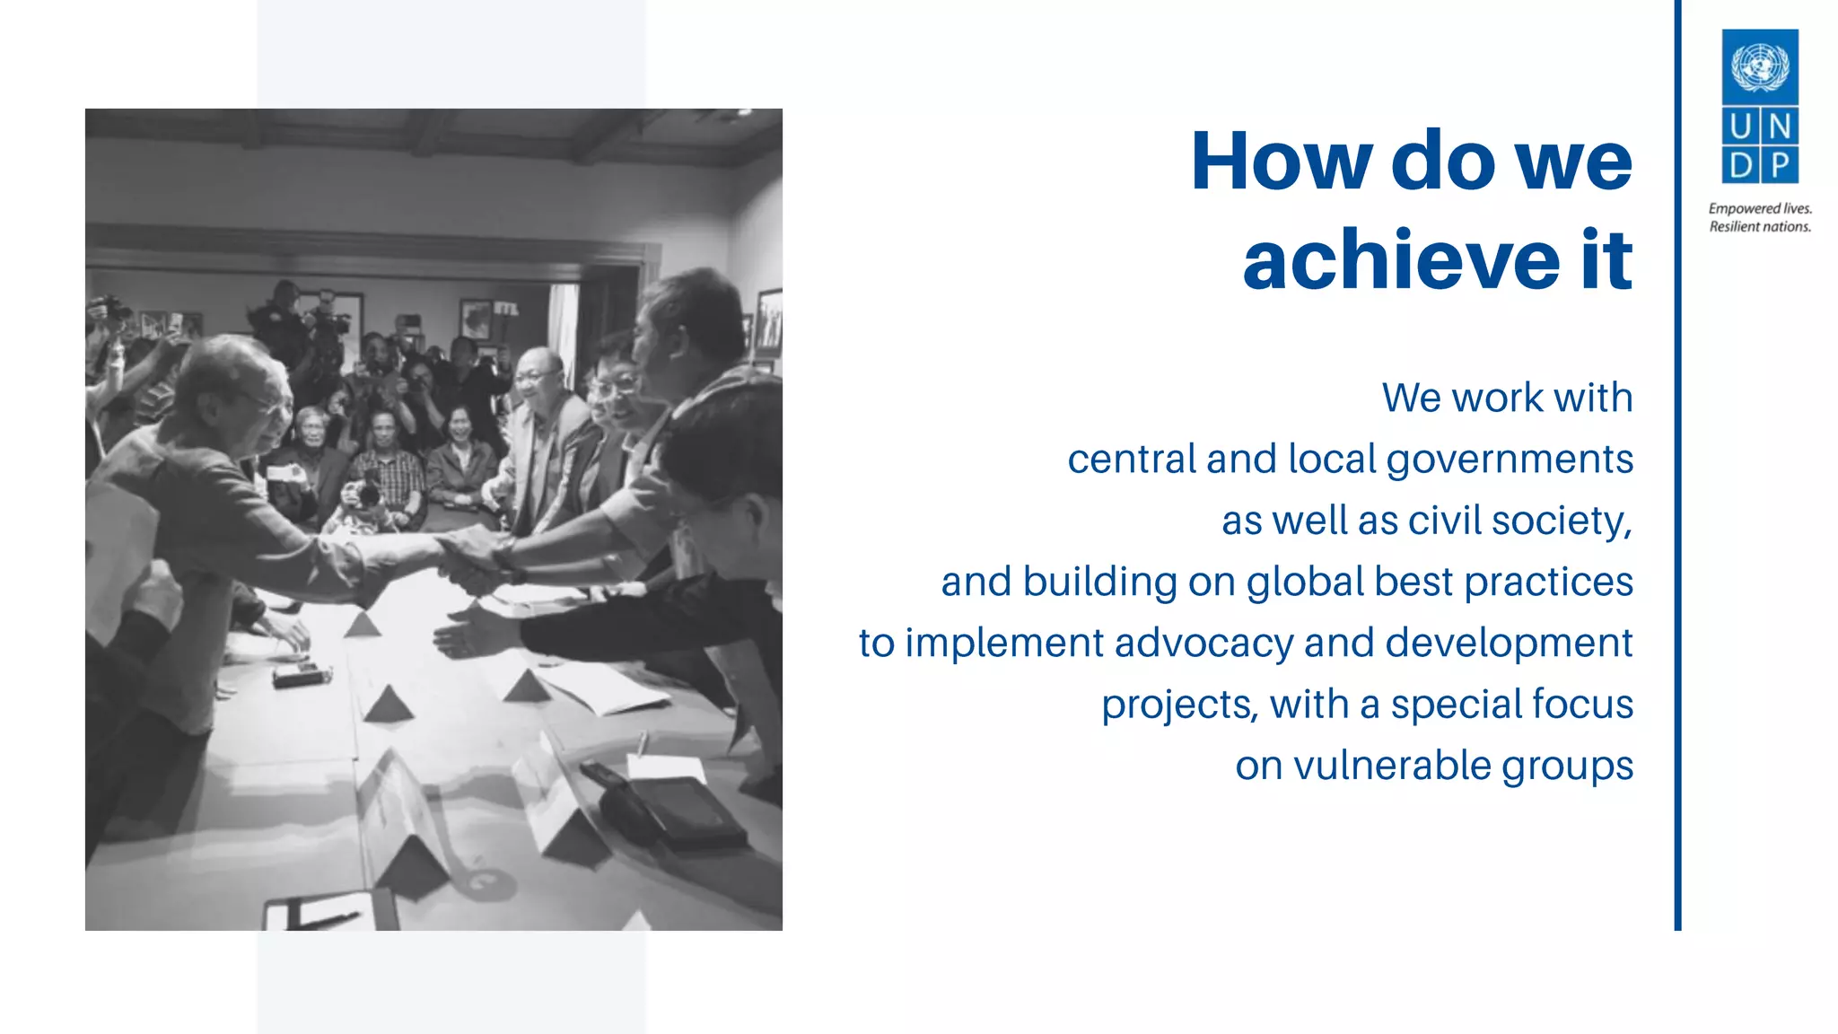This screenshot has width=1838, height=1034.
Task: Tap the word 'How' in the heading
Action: coord(1281,162)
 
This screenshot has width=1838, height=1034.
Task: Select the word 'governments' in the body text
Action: coord(1510,460)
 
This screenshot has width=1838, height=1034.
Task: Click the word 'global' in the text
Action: coord(1305,582)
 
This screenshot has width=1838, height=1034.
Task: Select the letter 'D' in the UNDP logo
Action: coord(1740,165)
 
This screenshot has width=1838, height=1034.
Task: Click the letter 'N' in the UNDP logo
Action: coord(1780,127)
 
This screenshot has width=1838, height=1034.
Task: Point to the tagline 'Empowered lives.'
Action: coord(1760,208)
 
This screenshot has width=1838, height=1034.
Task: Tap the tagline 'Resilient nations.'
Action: coord(1760,227)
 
